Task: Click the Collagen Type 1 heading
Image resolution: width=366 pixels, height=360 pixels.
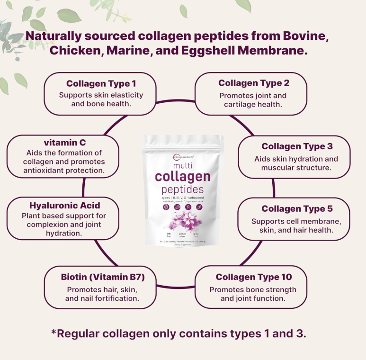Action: click(98, 84)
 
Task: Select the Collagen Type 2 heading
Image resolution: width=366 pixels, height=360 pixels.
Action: click(254, 83)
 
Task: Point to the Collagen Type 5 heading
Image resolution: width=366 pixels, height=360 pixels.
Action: click(297, 209)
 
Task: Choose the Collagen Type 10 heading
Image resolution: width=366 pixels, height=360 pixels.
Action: click(254, 277)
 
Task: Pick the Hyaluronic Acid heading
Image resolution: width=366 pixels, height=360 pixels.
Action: click(65, 206)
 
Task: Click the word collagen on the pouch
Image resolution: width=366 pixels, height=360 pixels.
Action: click(183, 177)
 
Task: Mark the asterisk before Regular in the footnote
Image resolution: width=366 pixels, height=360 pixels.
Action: click(54, 332)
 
